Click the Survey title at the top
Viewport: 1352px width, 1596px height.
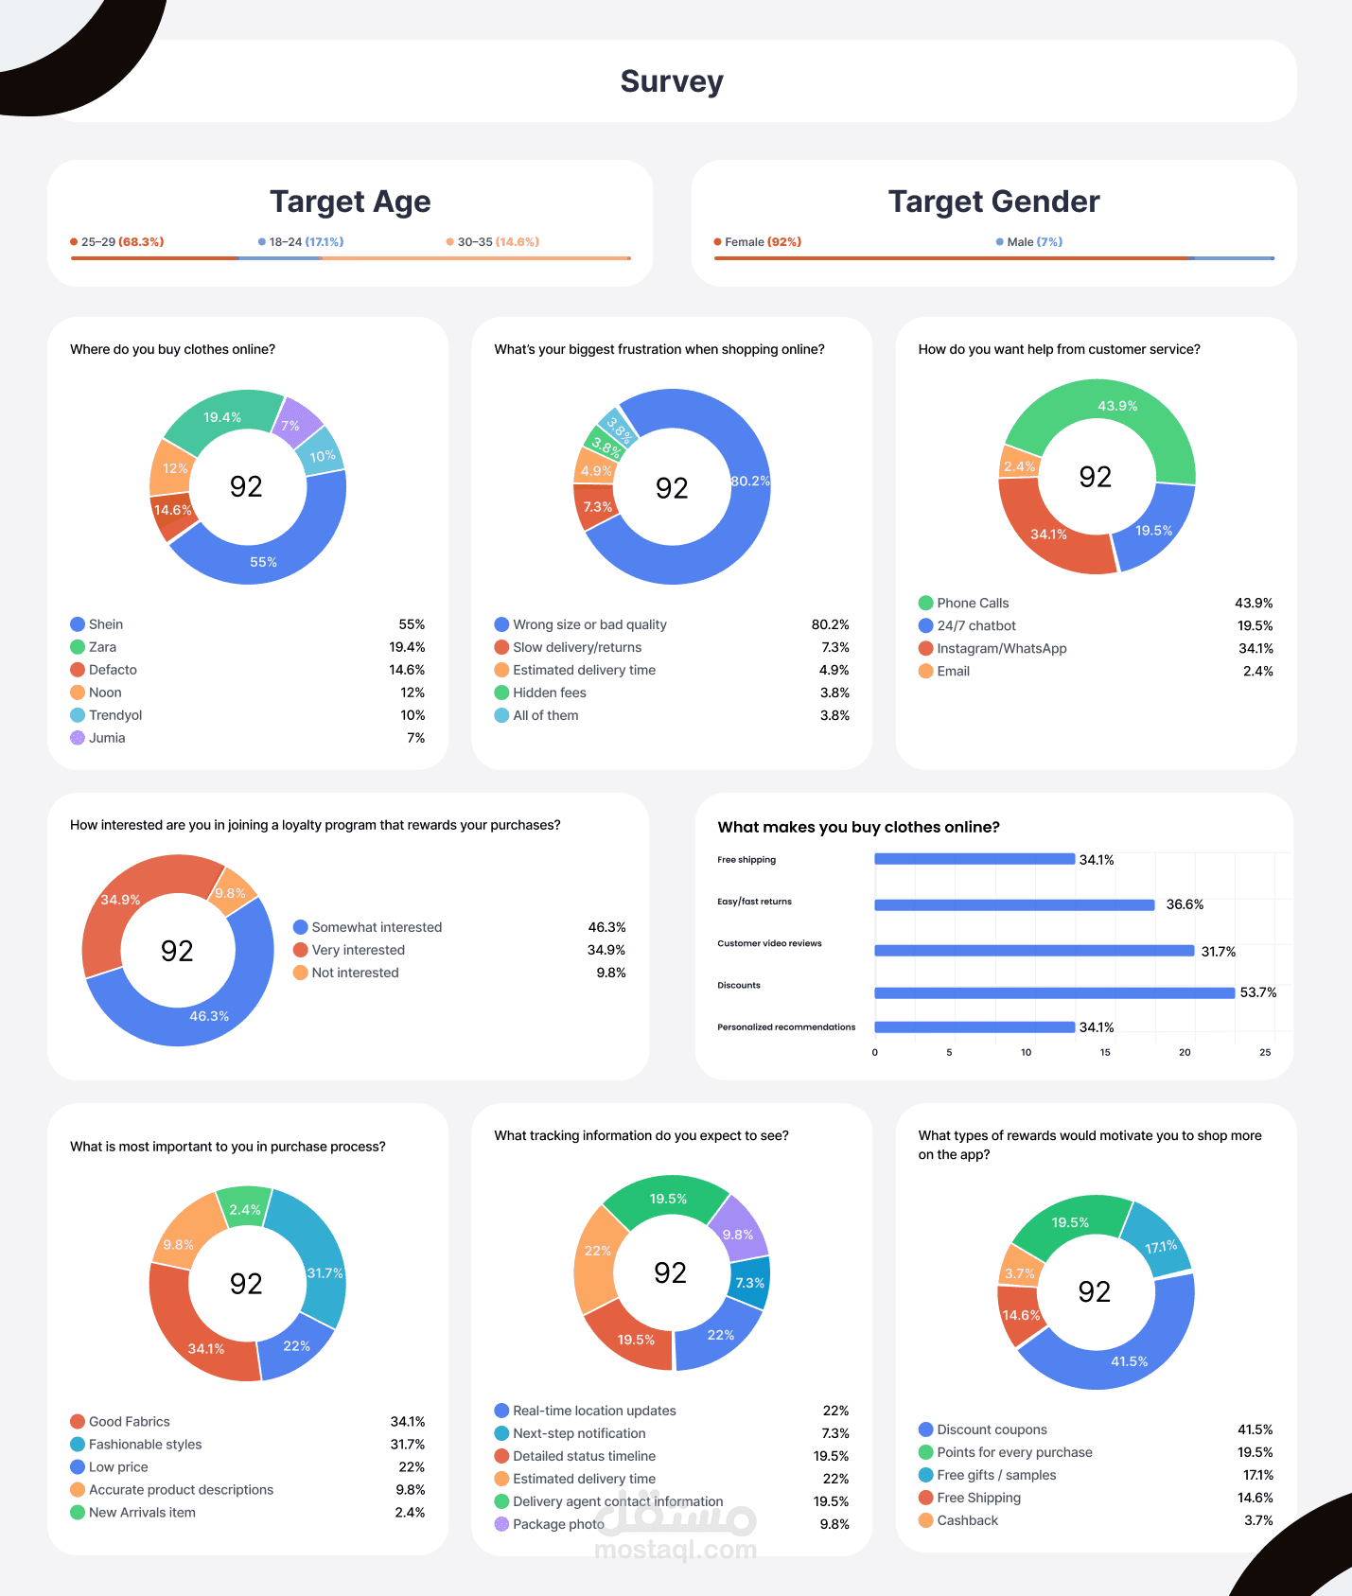click(672, 81)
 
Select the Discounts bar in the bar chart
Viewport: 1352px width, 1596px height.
click(1054, 992)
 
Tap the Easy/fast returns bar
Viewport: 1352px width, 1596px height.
click(1014, 905)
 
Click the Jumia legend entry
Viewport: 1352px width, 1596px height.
click(106, 738)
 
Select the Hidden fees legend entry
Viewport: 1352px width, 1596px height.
click(549, 693)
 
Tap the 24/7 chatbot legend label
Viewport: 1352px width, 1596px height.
click(975, 625)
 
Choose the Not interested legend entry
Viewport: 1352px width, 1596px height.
click(355, 973)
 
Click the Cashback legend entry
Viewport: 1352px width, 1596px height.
click(967, 1520)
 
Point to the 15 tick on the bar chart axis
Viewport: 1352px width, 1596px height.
click(1105, 1052)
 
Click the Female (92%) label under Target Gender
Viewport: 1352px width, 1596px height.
click(762, 242)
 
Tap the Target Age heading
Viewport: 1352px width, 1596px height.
click(350, 202)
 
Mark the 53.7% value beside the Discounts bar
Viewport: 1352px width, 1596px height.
click(1258, 992)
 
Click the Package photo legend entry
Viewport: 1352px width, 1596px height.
click(557, 1524)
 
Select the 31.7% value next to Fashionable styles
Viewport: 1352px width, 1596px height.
click(408, 1445)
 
